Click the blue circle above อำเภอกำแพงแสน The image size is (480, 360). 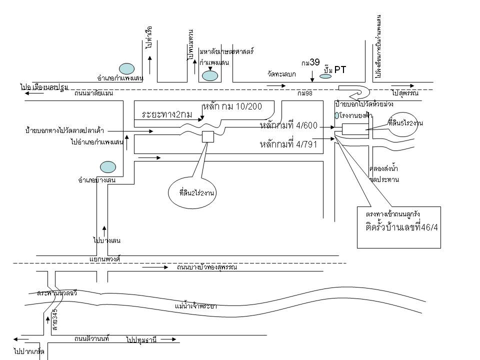pyautogui.click(x=126, y=68)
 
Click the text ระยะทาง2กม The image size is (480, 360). pyautogui.click(x=167, y=114)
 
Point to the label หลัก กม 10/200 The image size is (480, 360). pyautogui.click(x=239, y=106)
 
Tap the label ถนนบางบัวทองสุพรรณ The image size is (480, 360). pyautogui.click(x=206, y=267)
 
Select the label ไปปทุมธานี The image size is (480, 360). pyautogui.click(x=142, y=340)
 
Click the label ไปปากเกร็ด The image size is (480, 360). pyautogui.click(x=29, y=353)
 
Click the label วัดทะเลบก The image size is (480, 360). pyautogui.click(x=282, y=74)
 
